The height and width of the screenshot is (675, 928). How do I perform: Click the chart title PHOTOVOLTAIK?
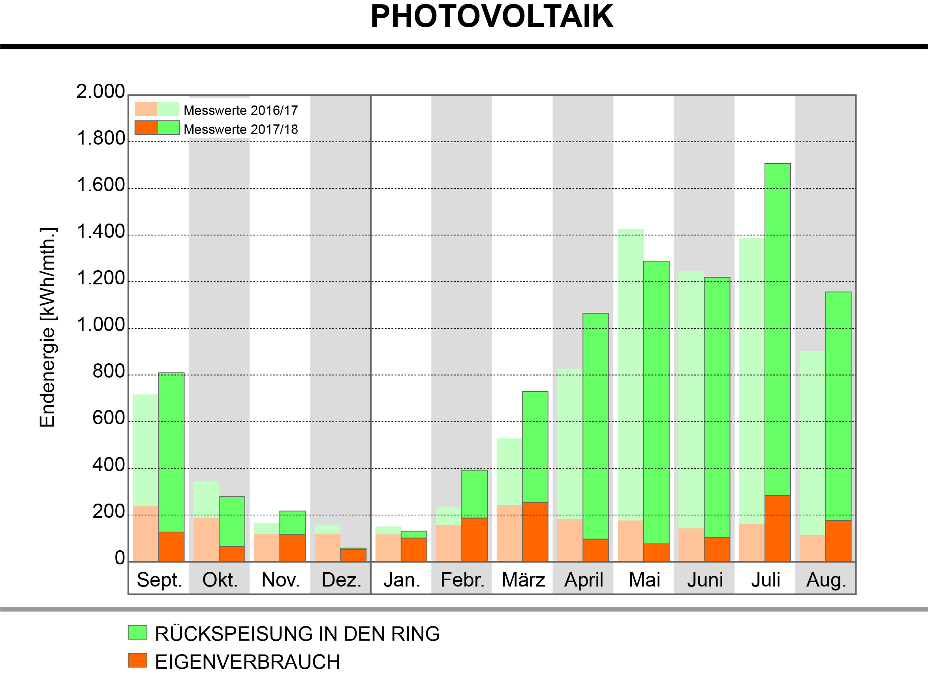[491, 17]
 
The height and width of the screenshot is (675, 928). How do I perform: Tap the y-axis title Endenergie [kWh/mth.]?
[48, 327]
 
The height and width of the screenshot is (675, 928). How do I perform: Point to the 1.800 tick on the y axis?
[101, 139]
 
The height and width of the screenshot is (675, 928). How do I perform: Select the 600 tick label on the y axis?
[109, 418]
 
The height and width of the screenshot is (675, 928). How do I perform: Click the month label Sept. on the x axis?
[159, 580]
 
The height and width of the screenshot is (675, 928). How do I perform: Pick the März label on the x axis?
[523, 580]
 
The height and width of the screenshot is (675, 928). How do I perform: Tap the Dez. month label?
[341, 580]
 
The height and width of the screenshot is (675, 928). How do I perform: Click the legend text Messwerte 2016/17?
[240, 111]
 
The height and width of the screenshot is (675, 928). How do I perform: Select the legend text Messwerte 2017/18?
[240, 129]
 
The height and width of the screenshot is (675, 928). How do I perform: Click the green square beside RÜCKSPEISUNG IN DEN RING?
[137, 632]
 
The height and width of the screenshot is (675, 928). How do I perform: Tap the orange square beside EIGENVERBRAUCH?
[137, 660]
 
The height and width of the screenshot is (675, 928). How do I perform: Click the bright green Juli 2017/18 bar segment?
[778, 327]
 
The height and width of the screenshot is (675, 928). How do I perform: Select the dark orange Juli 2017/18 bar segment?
[778, 528]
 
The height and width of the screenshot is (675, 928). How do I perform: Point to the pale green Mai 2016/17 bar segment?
[631, 369]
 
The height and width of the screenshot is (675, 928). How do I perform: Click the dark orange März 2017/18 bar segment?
[535, 531]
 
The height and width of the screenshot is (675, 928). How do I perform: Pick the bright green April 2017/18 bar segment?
[596, 426]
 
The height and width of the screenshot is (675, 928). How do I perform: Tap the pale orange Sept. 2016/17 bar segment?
[146, 533]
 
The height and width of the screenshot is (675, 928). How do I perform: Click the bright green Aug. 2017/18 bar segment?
[838, 405]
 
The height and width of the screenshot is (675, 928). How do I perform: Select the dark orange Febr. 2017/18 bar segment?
[475, 540]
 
